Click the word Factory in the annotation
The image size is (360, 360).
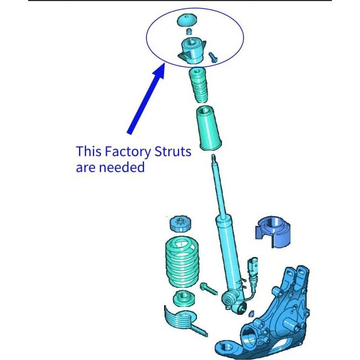(x=128, y=151)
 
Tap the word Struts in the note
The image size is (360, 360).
(x=173, y=151)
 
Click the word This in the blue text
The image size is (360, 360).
(x=88, y=151)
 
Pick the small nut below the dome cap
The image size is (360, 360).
(x=188, y=31)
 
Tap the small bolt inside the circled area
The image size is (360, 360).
(x=212, y=57)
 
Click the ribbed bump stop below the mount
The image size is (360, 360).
(x=198, y=85)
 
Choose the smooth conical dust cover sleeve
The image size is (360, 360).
(x=209, y=128)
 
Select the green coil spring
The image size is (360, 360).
(x=182, y=262)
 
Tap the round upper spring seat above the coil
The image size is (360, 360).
(x=181, y=224)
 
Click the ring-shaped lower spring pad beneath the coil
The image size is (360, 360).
(x=184, y=298)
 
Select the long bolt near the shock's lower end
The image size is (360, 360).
(x=209, y=289)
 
